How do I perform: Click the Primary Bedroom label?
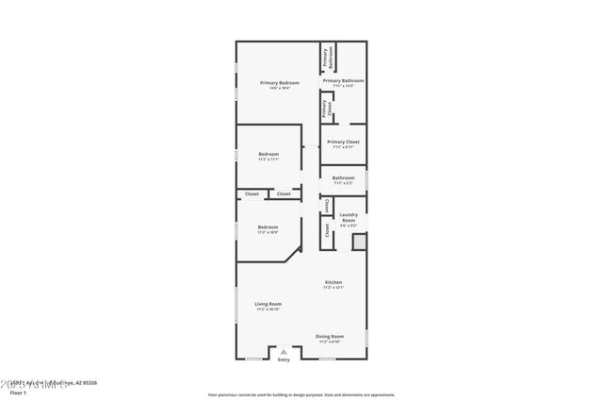click(280, 83)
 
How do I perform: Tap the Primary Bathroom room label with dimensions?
click(343, 83)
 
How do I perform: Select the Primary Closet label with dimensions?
click(343, 144)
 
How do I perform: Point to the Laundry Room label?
click(348, 218)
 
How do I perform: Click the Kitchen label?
click(334, 282)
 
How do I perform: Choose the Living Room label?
click(269, 304)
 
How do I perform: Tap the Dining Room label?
click(330, 336)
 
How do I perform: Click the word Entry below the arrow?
click(284, 360)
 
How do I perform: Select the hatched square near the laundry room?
click(359, 243)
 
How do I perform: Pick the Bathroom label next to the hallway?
click(343, 179)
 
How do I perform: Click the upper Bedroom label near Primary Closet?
click(269, 155)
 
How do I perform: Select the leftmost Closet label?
click(252, 193)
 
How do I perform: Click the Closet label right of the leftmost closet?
click(284, 193)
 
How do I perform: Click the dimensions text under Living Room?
click(269, 310)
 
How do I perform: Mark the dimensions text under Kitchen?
click(334, 288)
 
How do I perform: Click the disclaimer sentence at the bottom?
click(301, 395)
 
